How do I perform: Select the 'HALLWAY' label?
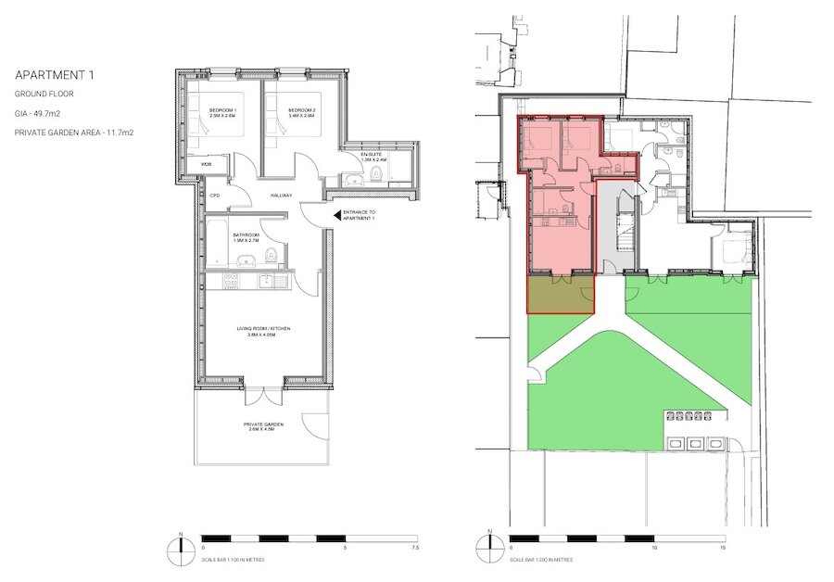(282, 196)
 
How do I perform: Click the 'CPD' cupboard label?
(215, 196)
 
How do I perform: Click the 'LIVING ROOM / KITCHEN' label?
(263, 330)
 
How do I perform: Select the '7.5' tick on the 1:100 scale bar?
(402, 547)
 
